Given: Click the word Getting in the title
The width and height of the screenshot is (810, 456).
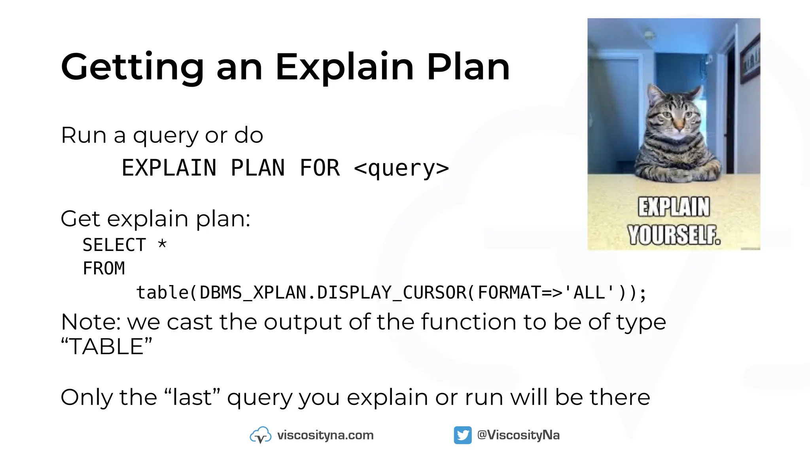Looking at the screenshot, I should (132, 67).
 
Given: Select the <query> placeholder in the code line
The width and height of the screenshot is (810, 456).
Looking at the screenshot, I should (401, 168).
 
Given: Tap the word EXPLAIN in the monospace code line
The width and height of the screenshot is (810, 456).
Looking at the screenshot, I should (169, 168).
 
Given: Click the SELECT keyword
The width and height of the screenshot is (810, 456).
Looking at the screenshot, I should (114, 245).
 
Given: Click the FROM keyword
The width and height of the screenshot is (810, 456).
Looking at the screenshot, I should (104, 269).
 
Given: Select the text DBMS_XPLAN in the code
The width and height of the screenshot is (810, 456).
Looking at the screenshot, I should (253, 293).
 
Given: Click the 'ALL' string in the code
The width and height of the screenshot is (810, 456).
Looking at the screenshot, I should (589, 293).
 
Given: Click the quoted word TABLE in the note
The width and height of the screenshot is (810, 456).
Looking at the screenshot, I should (106, 347).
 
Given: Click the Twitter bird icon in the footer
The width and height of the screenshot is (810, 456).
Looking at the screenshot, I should (462, 435).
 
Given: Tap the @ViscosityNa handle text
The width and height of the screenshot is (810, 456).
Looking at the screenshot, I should (518, 435).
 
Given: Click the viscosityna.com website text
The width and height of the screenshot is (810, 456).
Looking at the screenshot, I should (325, 435).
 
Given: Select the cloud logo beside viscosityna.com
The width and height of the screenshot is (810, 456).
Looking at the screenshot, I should (260, 435).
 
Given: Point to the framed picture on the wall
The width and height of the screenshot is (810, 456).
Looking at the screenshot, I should (750, 59).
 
